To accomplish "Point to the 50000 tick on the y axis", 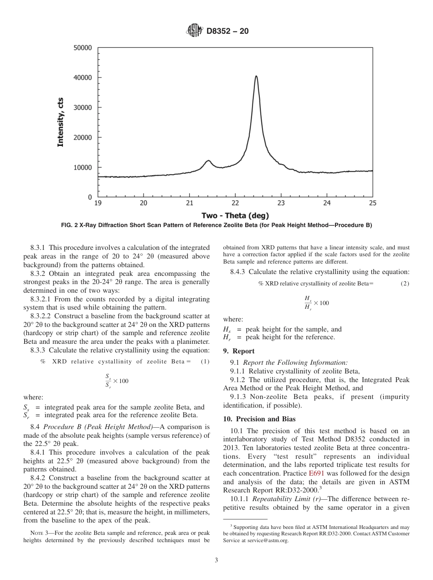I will tap(82, 48).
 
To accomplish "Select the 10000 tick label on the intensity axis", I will tap(82, 167).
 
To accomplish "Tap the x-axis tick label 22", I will tap(235, 203).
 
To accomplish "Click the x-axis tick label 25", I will tap(372, 203).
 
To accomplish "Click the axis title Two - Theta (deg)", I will tap(235, 215).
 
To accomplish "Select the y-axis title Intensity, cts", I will tap(60, 122).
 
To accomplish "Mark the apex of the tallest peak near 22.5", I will tap(256, 76).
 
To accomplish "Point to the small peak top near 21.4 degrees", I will tap(208, 161).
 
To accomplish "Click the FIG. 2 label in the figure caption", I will tap(70, 225).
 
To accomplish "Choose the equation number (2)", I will tap(405, 284).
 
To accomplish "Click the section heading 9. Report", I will tap(239, 351).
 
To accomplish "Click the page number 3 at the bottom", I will tap(216, 560).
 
